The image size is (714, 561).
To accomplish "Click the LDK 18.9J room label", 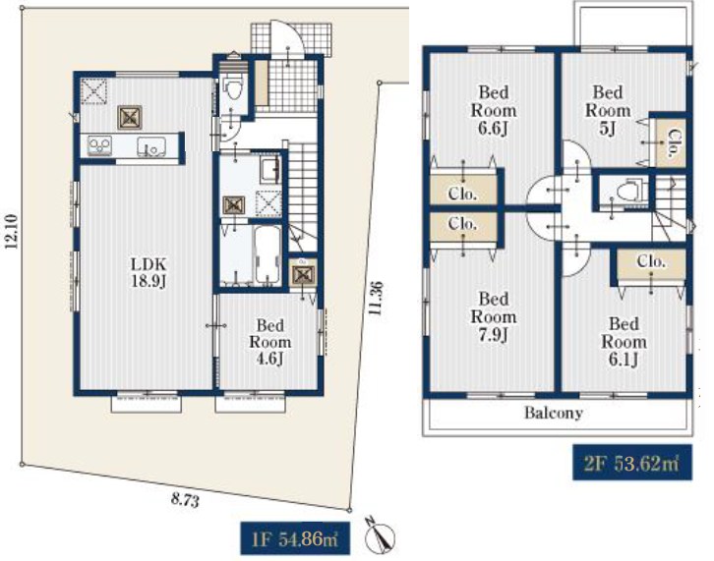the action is click(x=149, y=272).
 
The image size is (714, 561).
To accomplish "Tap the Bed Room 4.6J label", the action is click(x=269, y=342).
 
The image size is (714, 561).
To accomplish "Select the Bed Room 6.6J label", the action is click(x=493, y=111).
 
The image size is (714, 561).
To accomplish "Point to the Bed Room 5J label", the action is click(x=608, y=111).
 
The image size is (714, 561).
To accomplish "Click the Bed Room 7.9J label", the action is click(x=493, y=316).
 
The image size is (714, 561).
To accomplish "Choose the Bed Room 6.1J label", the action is click(x=624, y=342).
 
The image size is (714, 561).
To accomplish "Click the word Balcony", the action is click(x=554, y=413).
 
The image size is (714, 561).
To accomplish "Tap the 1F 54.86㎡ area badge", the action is click(x=295, y=538).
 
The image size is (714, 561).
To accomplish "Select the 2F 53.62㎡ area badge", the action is click(x=632, y=463).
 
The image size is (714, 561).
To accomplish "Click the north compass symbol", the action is click(x=381, y=536).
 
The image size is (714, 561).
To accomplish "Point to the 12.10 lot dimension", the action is click(x=12, y=231).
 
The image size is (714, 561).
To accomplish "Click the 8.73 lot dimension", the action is click(x=185, y=501).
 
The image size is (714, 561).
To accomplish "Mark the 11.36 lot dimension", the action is click(x=376, y=299).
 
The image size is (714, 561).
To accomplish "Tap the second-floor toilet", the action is click(x=630, y=191).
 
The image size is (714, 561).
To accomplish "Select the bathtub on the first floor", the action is click(x=268, y=254).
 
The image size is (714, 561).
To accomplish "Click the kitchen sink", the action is click(x=151, y=146).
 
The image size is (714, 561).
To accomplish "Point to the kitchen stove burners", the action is click(x=99, y=146).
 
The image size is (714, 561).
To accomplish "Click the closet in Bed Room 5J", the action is click(x=671, y=142).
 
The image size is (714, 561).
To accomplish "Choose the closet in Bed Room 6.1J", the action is click(x=651, y=267).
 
